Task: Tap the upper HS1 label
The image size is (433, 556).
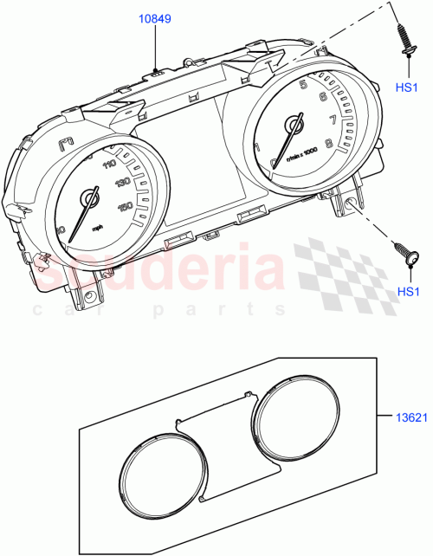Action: pos(407,87)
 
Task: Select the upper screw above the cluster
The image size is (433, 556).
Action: pos(405,43)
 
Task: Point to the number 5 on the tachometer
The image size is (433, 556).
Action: pos(303,85)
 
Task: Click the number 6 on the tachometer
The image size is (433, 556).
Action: pos(322,97)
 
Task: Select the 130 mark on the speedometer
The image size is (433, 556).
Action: pos(121,183)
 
